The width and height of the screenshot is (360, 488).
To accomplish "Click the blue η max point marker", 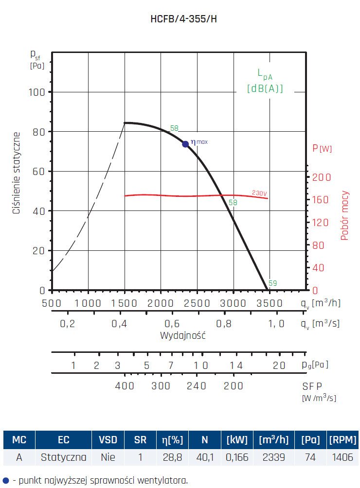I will point(185,144).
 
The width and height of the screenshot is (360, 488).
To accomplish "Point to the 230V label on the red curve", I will point(259,193).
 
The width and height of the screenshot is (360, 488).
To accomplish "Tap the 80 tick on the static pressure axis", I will point(38,132).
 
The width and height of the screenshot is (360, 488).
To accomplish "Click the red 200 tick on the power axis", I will point(321,177).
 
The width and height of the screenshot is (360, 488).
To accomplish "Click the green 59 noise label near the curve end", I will point(273,283).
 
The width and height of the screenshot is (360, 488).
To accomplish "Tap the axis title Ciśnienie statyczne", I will point(17,173).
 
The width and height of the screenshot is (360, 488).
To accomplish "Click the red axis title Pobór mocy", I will point(345,215).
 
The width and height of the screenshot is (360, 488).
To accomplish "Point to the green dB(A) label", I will point(265,88).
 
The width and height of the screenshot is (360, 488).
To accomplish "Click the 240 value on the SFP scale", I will point(197,386).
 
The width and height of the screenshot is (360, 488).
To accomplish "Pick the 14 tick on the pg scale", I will point(235,366).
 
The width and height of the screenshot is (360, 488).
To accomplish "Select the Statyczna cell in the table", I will point(64,457).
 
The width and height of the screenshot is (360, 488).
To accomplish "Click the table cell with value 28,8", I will point(172,457).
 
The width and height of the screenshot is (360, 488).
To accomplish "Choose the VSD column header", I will point(108,440).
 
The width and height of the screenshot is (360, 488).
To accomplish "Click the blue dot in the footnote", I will point(5,480).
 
